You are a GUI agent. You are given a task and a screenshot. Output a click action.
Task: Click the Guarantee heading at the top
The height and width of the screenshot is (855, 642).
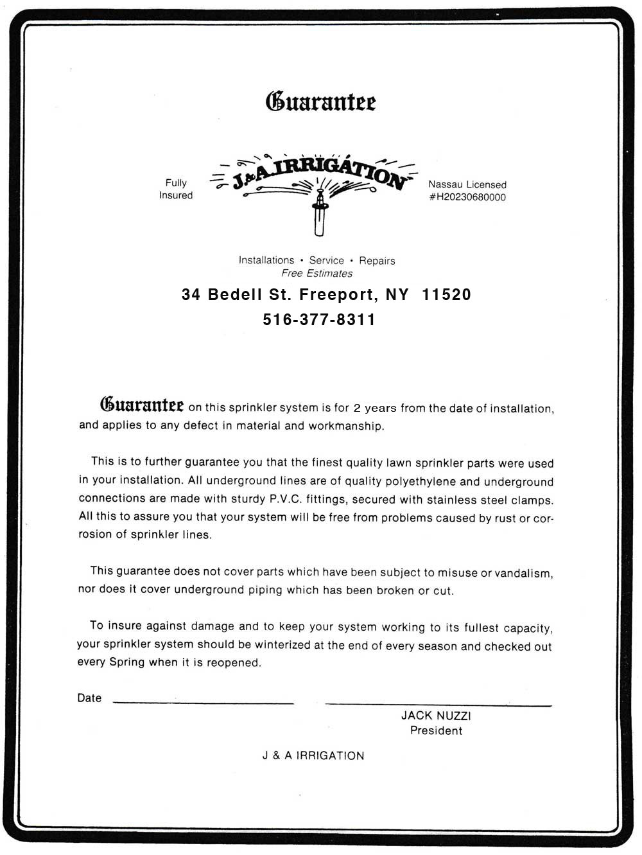[x=321, y=101]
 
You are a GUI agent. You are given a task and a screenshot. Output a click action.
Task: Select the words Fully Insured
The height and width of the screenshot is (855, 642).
[x=176, y=189]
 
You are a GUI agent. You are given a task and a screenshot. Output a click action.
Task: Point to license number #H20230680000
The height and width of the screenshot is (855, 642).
[x=467, y=197]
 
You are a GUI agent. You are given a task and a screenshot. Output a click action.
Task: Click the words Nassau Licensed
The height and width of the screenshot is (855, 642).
[x=467, y=184]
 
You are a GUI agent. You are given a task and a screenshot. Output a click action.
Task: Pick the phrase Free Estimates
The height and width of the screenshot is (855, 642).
[x=317, y=273]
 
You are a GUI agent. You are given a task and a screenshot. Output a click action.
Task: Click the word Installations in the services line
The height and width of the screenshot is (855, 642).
[x=266, y=260]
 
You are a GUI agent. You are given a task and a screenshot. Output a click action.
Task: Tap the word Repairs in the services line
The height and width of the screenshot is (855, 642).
[x=377, y=261]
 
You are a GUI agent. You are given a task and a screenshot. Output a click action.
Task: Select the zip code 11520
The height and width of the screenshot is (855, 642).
[x=447, y=294]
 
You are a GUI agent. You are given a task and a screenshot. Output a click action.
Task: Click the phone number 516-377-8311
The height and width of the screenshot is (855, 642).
[x=319, y=319]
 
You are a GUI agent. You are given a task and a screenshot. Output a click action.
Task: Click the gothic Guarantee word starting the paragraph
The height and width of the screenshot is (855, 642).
[x=142, y=405]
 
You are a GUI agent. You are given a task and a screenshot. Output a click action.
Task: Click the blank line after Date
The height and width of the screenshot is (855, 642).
[x=203, y=701]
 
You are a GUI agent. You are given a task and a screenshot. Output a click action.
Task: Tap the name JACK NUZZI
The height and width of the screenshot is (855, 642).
[x=436, y=716]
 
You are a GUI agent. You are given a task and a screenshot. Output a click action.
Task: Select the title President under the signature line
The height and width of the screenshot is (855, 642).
[x=436, y=730]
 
